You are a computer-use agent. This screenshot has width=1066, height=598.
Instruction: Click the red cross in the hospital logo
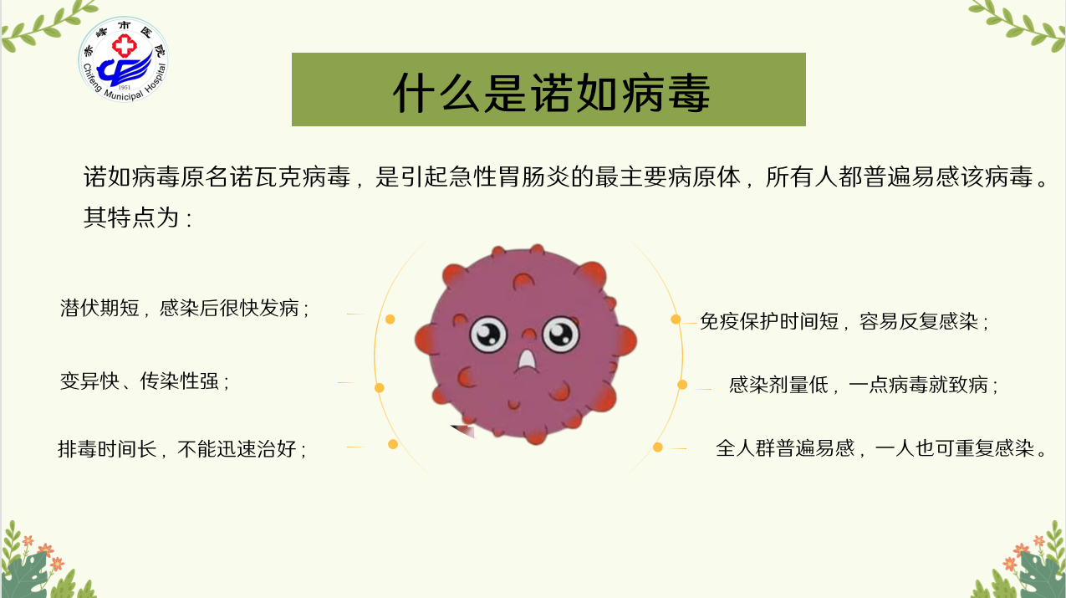coord(125,46)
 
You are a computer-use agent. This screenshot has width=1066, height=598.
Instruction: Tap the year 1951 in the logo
coord(125,87)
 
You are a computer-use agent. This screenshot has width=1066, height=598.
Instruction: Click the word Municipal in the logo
coord(123,95)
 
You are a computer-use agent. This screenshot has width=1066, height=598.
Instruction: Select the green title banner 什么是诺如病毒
coord(548,89)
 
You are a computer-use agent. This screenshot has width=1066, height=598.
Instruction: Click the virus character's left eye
coord(488,335)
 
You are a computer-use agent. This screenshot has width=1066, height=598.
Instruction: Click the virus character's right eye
coord(561,335)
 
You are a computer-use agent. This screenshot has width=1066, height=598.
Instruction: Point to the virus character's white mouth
coord(527,360)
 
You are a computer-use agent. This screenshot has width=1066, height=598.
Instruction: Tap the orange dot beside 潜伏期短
coord(390,319)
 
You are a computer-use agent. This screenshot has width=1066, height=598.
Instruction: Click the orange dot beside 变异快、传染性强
coord(380,388)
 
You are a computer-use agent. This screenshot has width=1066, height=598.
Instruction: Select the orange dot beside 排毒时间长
coord(393,444)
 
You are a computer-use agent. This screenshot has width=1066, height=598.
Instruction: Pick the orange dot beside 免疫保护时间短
coord(676,319)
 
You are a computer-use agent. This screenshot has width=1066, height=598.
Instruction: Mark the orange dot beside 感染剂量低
coord(682,384)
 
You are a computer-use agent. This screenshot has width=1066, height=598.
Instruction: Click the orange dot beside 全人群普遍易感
coord(658,447)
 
